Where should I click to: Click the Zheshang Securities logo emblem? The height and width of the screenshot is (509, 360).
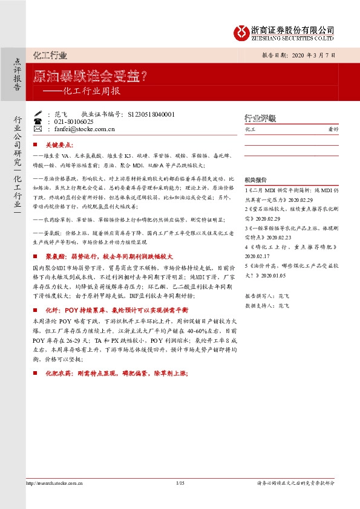[x=243, y=31]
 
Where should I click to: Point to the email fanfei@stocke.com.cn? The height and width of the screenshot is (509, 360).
[x=84, y=129]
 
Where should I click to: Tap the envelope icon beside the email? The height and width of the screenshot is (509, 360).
[x=38, y=129]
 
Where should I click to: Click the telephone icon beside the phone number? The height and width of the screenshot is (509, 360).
[x=38, y=122]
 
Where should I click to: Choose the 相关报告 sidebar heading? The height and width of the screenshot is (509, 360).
[x=255, y=181]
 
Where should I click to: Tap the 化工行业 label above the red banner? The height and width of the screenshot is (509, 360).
[x=50, y=56]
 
